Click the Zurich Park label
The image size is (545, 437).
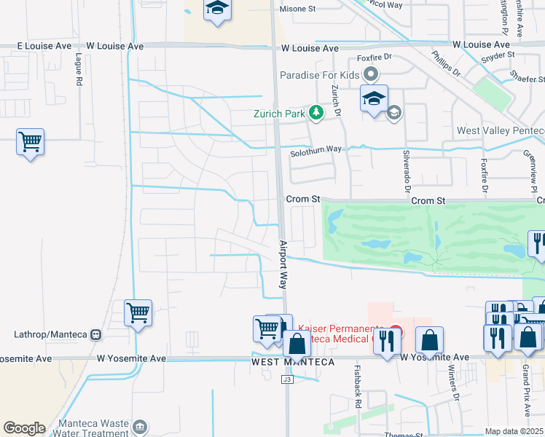click(278, 114)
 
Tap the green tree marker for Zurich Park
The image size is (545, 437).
click(315, 112)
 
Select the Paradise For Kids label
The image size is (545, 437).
click(320, 75)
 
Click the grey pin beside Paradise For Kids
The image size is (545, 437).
click(372, 74)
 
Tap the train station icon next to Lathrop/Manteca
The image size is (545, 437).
click(95, 335)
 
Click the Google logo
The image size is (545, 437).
click(24, 428)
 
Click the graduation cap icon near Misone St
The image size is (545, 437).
click(216, 9)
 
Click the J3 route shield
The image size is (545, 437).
click(288, 378)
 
